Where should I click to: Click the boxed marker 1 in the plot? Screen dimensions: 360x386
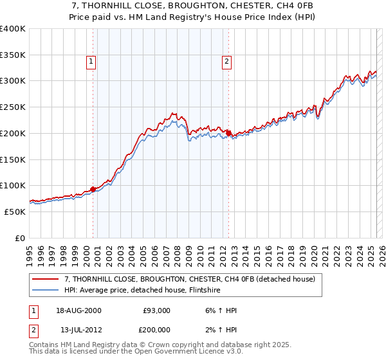[91, 62]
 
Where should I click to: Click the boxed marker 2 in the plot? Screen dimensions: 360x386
[227, 62]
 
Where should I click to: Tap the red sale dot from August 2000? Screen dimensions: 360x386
[93, 189]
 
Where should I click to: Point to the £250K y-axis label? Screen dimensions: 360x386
[13, 107]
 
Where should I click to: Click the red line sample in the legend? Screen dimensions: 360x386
[46, 279]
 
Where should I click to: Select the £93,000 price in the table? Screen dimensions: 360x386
[156, 310]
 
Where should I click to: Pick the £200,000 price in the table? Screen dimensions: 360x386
[156, 330]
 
